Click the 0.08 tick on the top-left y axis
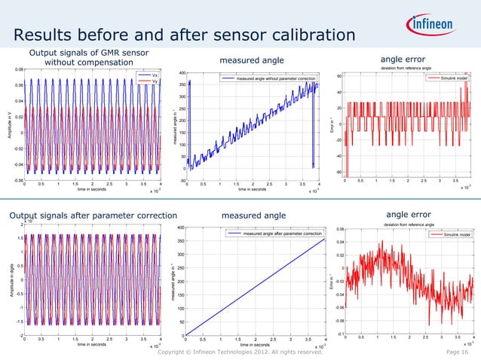[x=17, y=69]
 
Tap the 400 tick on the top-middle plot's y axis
[x=182, y=73]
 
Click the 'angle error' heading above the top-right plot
[x=404, y=59]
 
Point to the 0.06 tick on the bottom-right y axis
[x=339, y=230]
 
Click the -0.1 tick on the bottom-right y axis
[x=340, y=335]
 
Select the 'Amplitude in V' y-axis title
[x=8, y=124]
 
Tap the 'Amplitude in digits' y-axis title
[x=8, y=279]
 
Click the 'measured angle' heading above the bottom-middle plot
[x=254, y=217]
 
